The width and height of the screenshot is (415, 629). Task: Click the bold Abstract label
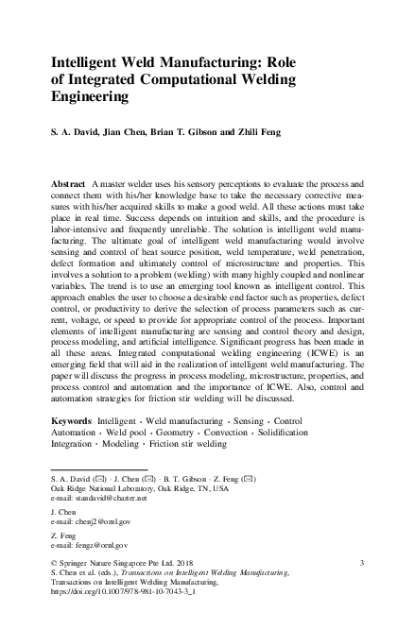(x=68, y=178)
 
